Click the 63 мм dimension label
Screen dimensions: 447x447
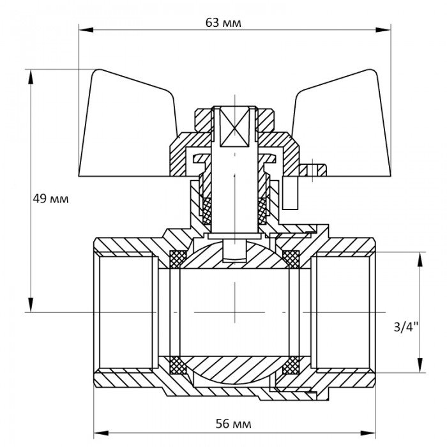[x=223, y=22]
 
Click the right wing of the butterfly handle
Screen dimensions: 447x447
[x=345, y=128]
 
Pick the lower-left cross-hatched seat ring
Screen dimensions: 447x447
[x=178, y=365]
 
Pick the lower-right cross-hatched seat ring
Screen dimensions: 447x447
[x=291, y=365]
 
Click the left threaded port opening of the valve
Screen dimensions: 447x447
[x=125, y=312]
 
